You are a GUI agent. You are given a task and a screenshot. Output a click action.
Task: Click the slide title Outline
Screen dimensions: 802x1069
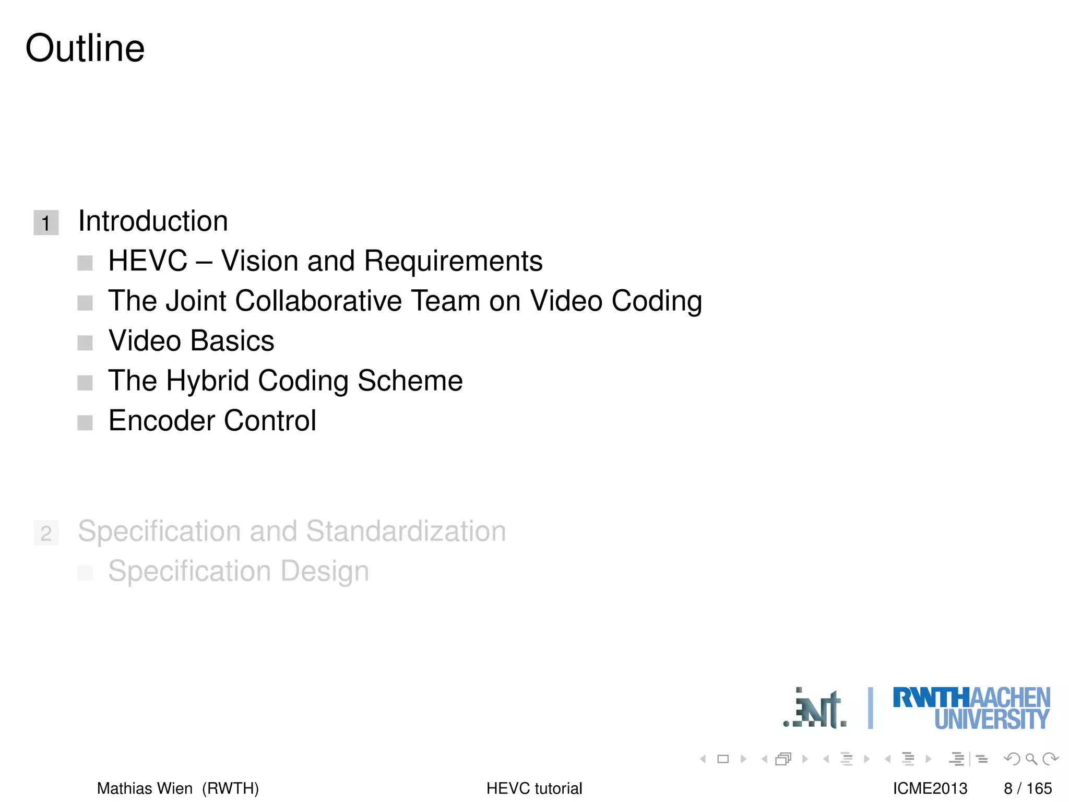[85, 48]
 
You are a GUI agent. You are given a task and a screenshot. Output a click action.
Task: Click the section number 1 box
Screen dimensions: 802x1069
[46, 223]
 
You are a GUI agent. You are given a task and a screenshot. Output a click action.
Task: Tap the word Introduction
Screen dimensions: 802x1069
[153, 221]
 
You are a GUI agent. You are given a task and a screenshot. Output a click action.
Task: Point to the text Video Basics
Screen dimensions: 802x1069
[191, 341]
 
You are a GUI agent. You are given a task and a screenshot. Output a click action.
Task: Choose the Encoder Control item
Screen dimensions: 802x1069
[212, 420]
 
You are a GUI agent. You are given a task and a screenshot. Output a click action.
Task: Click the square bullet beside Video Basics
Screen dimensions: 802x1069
[85, 343]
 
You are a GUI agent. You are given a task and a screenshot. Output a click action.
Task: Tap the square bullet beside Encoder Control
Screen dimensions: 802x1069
[85, 422]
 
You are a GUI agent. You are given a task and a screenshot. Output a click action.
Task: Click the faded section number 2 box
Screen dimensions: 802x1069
[46, 533]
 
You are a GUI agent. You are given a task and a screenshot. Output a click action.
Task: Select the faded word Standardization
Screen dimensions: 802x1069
[406, 531]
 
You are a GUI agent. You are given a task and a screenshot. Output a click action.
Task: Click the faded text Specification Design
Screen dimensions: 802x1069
[239, 571]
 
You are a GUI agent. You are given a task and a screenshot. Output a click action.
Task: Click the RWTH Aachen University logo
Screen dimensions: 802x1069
[971, 709]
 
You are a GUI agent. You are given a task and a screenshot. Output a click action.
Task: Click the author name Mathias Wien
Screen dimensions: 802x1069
[145, 788]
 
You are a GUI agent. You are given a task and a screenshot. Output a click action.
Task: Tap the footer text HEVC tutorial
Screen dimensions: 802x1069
[534, 788]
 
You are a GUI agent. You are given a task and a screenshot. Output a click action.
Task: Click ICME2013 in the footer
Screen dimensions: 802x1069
[930, 788]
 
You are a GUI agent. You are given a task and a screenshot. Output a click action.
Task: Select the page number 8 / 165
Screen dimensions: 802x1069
[1027, 788]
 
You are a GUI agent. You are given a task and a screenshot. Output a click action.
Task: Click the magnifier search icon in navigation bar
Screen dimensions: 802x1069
[1031, 759]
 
